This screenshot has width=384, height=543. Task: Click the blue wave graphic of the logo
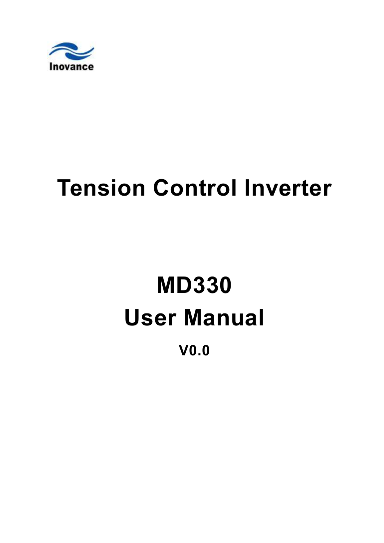71,51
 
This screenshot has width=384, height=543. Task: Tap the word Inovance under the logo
71,66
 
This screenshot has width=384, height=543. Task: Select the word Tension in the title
101,188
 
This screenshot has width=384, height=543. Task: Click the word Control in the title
195,188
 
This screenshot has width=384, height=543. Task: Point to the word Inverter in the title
288,188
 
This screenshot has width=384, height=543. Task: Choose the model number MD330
194,285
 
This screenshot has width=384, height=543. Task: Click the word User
150,317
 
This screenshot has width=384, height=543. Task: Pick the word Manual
224,317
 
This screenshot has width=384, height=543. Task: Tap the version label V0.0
194,350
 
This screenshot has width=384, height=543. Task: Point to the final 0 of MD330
225,285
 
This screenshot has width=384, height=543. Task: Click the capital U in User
132,318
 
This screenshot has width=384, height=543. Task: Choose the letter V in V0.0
184,350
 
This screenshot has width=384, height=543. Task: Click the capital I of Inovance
50,66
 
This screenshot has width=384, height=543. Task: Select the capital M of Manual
193,317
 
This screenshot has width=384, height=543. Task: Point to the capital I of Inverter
247,188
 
